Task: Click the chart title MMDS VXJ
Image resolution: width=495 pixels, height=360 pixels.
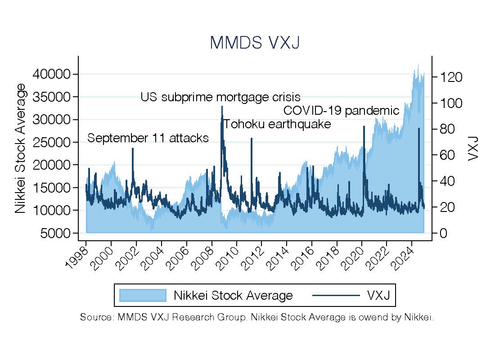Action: (x=255, y=43)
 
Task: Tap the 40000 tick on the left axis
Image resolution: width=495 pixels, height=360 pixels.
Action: (x=52, y=74)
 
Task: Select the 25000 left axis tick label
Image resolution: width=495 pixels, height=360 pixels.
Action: (x=52, y=142)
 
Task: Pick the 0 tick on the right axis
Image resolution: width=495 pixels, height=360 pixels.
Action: (x=442, y=233)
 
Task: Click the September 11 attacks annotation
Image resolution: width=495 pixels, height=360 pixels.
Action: (x=148, y=138)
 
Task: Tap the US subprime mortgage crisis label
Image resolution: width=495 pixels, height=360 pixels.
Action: (x=220, y=97)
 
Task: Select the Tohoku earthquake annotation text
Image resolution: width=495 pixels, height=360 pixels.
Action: (x=277, y=124)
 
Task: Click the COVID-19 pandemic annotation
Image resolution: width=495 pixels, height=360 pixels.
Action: (x=341, y=110)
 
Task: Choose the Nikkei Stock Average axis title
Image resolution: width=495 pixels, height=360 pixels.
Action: (x=20, y=148)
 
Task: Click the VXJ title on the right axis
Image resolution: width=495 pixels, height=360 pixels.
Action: (x=472, y=148)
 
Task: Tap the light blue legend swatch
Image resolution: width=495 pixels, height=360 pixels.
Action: (x=143, y=295)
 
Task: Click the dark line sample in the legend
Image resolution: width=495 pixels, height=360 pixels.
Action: (x=336, y=295)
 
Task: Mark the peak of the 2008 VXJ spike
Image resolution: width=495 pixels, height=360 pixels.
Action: (x=222, y=107)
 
